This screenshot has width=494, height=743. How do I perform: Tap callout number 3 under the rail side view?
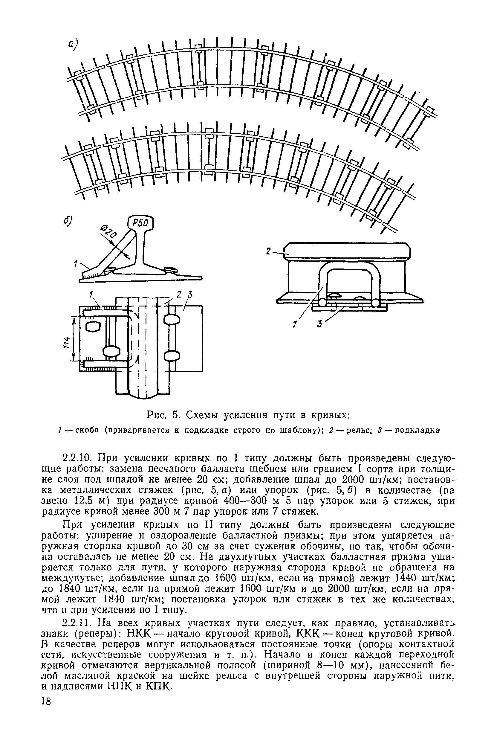[320, 324]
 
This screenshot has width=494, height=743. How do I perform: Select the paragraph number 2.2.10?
[77, 457]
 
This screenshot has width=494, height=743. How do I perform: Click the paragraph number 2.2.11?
[77, 623]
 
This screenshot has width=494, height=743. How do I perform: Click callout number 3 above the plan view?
[190, 295]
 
